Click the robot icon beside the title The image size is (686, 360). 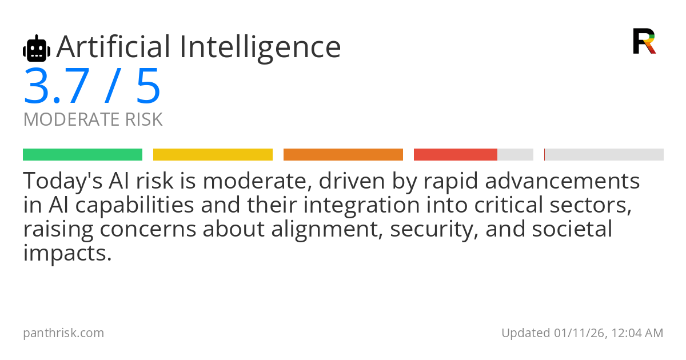pyautogui.click(x=37, y=48)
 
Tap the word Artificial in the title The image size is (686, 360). pyautogui.click(x=114, y=47)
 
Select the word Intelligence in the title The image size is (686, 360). pyautogui.click(x=260, y=49)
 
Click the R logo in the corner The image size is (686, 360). pyautogui.click(x=645, y=41)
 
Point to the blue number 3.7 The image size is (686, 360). pyautogui.click(x=57, y=86)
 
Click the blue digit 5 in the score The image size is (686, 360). pyautogui.click(x=148, y=86)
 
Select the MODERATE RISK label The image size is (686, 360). pyautogui.click(x=93, y=119)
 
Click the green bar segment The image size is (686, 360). pyautogui.click(x=83, y=155)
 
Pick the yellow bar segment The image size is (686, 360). pyautogui.click(x=213, y=155)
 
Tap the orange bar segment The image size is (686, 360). pyautogui.click(x=344, y=155)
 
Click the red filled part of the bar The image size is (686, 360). pyautogui.click(x=456, y=155)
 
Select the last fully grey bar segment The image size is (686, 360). pyautogui.click(x=604, y=155)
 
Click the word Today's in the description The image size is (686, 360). pyautogui.click(x=63, y=181)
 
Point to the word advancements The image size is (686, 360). pyautogui.click(x=563, y=181)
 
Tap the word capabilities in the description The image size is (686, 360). pyautogui.click(x=134, y=206)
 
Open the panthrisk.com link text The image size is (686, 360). pyautogui.click(x=63, y=333)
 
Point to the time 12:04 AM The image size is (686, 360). pyautogui.click(x=637, y=333)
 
